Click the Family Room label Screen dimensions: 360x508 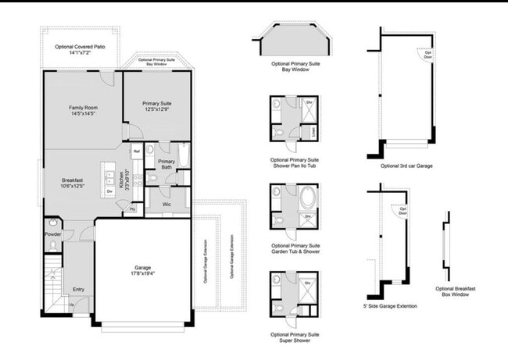tap(82, 110)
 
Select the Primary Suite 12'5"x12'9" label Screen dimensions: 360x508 tap(157, 106)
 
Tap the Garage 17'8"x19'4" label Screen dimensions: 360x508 tap(142, 271)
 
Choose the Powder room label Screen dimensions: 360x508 tap(53, 233)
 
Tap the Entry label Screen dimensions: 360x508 tap(78, 289)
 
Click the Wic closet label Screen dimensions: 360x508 tap(166, 204)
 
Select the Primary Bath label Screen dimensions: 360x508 tap(166, 164)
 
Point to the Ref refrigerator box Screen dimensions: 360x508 tap(137, 151)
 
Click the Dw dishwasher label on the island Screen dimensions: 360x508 tap(109, 189)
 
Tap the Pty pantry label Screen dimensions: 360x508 tap(132, 209)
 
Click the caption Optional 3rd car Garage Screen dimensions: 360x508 tap(406, 166)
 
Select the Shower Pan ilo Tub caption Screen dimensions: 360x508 tap(295, 162)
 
